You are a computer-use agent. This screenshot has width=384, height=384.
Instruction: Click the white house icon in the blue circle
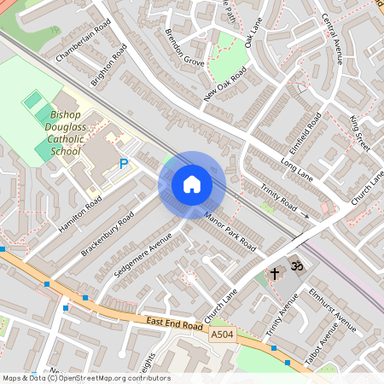pyautogui.click(x=192, y=183)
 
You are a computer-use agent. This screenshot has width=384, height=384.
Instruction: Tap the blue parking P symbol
pyautogui.click(x=124, y=163)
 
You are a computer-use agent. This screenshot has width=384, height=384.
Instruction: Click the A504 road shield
pyautogui.click(x=222, y=336)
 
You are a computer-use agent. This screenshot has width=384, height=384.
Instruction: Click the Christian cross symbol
pyautogui.click(x=275, y=274)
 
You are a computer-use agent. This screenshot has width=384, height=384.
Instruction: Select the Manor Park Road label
pyautogui.click(x=230, y=232)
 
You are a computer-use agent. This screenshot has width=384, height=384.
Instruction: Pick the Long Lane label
pyautogui.click(x=297, y=167)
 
